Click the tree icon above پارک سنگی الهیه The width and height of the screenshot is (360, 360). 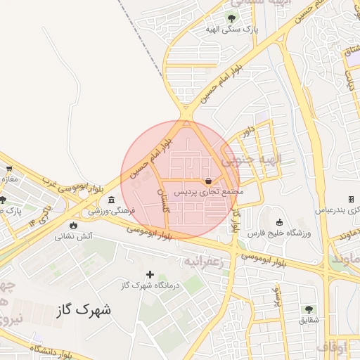(x=231, y=18)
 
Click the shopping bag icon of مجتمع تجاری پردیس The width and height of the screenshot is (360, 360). (x=208, y=181)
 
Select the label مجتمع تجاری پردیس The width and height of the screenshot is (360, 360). (x=208, y=191)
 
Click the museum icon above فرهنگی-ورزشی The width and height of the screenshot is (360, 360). (x=112, y=200)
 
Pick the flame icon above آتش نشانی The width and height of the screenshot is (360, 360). (x=74, y=225)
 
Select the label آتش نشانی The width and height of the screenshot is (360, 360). (x=74, y=236)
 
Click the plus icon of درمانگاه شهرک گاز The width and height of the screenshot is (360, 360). (x=150, y=274)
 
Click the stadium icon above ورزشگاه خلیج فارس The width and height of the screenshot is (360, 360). (x=278, y=223)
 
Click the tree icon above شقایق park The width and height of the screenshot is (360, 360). (x=308, y=309)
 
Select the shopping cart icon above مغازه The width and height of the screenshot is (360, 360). (x=9, y=169)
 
